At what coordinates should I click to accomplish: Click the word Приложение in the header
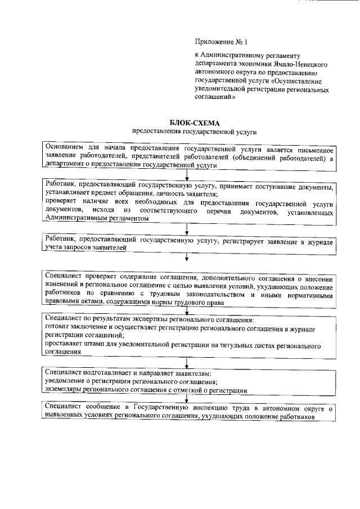213,42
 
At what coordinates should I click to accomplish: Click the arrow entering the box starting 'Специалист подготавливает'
187,364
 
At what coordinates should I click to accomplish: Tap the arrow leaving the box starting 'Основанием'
187,174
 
